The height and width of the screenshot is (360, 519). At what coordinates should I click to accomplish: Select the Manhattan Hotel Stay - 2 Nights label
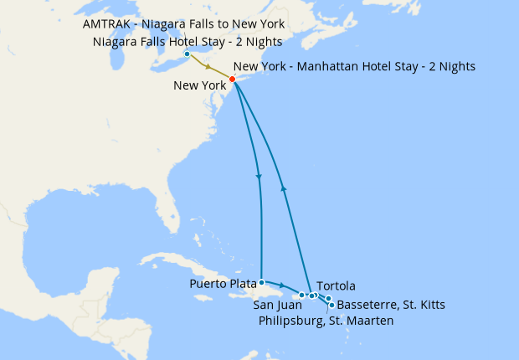pos(355,66)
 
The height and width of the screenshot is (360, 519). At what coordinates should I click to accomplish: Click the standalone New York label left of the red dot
pos(200,85)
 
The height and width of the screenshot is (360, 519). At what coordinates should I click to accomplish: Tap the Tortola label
pos(337,286)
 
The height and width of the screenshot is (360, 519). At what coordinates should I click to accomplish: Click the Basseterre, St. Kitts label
pos(390,305)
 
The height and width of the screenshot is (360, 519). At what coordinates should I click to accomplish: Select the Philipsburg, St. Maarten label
pos(326,320)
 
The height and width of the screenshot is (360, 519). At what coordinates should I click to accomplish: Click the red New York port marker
pos(232,80)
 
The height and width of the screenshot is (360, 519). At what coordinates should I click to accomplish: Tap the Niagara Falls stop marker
pos(186,55)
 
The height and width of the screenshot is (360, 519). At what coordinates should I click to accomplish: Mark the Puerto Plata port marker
pos(262,282)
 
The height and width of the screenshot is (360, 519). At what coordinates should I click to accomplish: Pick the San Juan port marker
pos(301,296)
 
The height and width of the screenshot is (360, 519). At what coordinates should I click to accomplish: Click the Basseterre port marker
pos(332,305)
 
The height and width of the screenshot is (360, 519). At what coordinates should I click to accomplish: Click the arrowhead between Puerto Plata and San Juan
pos(281,287)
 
